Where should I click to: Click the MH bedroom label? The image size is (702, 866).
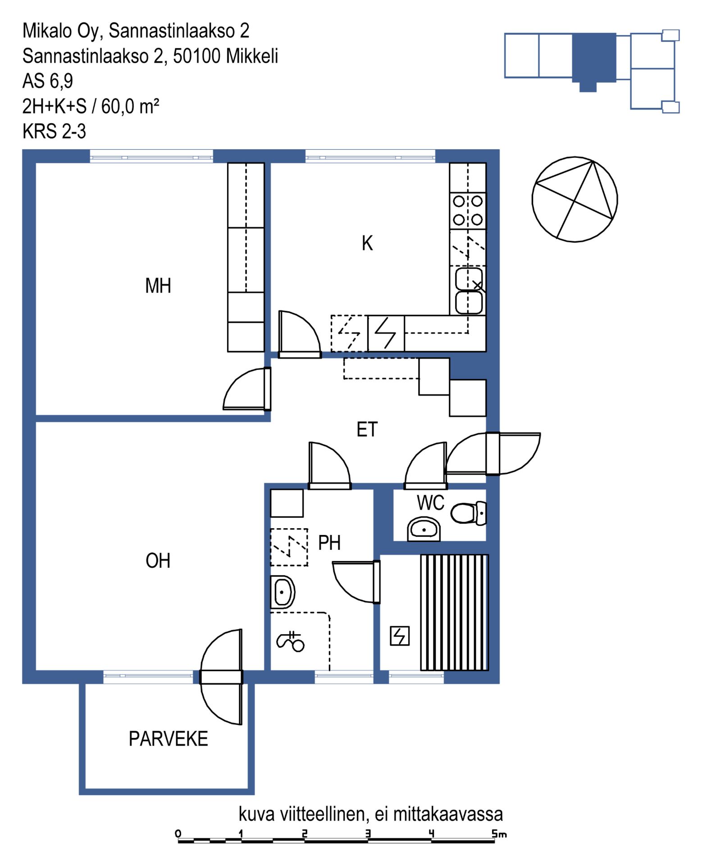pyautogui.click(x=158, y=286)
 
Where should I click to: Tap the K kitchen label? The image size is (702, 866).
pyautogui.click(x=367, y=243)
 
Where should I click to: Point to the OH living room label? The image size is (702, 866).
pyautogui.click(x=158, y=561)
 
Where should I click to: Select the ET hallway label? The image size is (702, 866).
pyautogui.click(x=367, y=429)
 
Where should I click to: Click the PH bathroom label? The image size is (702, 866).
pyautogui.click(x=329, y=543)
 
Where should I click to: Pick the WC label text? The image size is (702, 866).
pyautogui.click(x=430, y=502)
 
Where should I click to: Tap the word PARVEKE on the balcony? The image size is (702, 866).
pyautogui.click(x=169, y=739)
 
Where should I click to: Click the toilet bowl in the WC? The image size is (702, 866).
pyautogui.click(x=469, y=513)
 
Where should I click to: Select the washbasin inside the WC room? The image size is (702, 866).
pyautogui.click(x=424, y=529)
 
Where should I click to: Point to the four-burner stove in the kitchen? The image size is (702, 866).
pyautogui.click(x=468, y=210)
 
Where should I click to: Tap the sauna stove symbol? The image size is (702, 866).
pyautogui.click(x=400, y=636)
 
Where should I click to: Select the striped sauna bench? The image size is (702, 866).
pyautogui.click(x=455, y=613)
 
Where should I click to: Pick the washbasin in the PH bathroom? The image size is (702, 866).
pyautogui.click(x=283, y=592)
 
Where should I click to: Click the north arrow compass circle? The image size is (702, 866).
pyautogui.click(x=574, y=199)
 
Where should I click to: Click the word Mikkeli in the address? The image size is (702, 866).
pyautogui.click(x=252, y=56)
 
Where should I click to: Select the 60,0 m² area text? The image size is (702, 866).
pyautogui.click(x=130, y=106)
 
